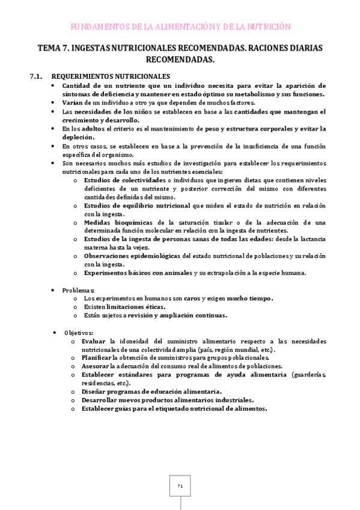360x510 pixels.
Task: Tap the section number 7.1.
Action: (37, 76)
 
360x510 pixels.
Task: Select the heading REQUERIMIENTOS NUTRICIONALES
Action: (111, 76)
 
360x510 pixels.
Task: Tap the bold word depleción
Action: (78, 137)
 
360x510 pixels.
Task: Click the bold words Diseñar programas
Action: (115, 391)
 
